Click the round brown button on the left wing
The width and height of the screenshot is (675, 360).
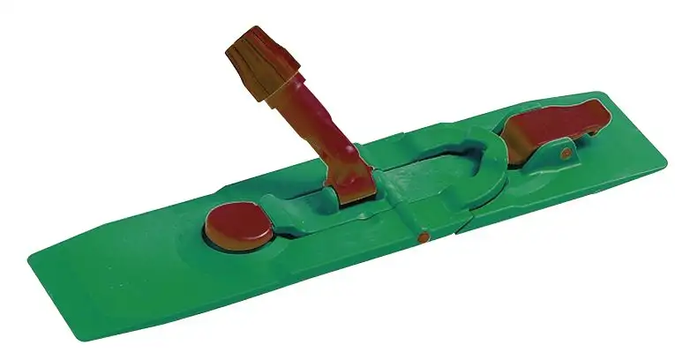[239, 225]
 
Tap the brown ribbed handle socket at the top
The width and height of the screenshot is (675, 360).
[264, 62]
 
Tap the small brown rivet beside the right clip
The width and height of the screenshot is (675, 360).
[566, 154]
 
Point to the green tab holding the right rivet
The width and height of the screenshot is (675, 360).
[570, 159]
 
